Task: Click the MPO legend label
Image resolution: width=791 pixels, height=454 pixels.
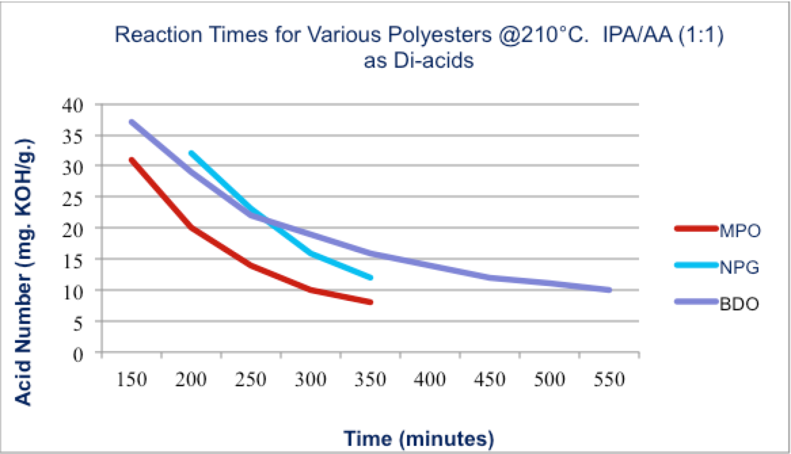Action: [738, 230]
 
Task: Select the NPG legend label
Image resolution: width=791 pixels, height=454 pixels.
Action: [738, 266]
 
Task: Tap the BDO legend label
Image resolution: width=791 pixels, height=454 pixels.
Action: [738, 304]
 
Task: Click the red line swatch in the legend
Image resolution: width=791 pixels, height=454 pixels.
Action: [696, 229]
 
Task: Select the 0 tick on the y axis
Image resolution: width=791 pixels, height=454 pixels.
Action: [85, 353]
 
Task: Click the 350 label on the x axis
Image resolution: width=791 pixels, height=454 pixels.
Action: [370, 379]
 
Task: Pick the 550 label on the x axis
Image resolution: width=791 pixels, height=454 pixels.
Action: [609, 379]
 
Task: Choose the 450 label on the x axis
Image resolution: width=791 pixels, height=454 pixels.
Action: [490, 379]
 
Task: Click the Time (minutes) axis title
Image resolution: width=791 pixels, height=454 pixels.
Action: [417, 438]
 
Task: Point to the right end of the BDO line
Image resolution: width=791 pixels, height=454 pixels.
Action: [610, 290]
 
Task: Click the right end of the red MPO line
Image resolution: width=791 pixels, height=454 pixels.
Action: [371, 302]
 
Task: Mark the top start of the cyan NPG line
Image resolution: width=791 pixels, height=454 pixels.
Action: [191, 153]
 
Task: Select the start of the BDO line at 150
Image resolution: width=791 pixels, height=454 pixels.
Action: [131, 122]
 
